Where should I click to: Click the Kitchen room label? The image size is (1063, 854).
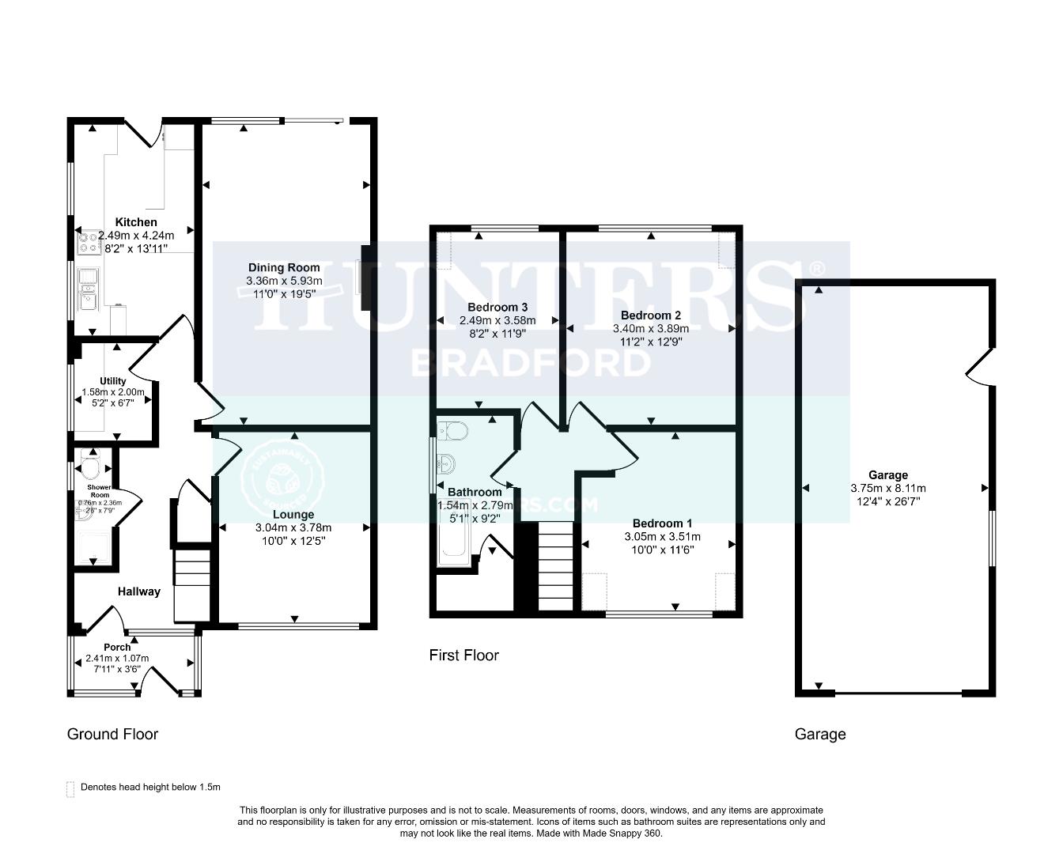(136, 222)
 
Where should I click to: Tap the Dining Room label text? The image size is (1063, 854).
(284, 267)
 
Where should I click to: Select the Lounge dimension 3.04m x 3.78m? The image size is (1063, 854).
(293, 528)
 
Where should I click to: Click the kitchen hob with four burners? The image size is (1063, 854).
(86, 242)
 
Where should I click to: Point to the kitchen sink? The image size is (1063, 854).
(87, 289)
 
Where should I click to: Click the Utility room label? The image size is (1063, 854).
(113, 381)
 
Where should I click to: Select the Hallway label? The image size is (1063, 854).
(139, 591)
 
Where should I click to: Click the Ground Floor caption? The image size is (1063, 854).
(112, 734)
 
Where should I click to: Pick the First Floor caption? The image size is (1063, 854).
(463, 655)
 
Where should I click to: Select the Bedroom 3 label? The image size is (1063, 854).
(497, 307)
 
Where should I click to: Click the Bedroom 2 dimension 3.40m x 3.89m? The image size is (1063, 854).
(650, 329)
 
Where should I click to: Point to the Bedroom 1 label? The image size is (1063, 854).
(662, 523)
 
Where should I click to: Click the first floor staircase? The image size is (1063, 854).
(555, 565)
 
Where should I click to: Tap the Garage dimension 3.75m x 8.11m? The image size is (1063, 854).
(887, 488)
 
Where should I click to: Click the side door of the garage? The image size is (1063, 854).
(978, 366)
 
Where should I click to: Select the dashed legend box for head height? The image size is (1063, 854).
(70, 788)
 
